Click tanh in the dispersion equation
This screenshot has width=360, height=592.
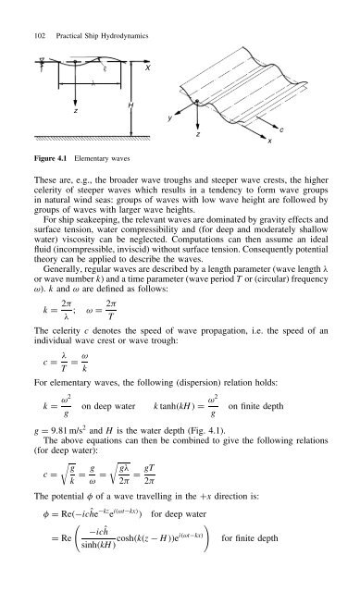177,435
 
